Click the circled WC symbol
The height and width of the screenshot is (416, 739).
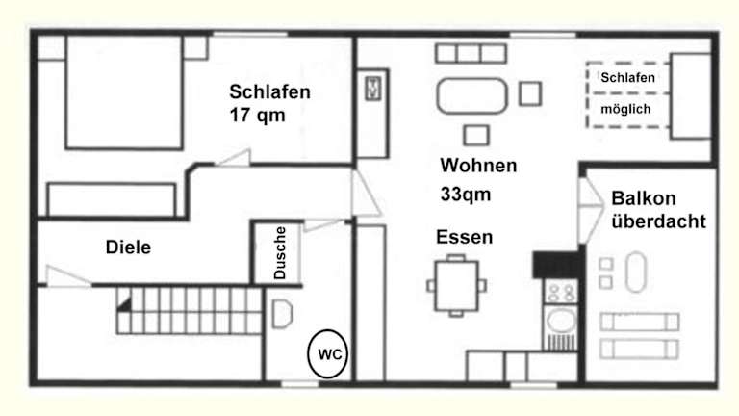click(327, 353)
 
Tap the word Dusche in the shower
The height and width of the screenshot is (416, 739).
click(279, 253)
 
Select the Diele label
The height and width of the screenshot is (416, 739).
click(128, 247)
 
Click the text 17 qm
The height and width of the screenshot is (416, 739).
click(257, 116)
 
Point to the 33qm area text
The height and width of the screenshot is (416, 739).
click(466, 195)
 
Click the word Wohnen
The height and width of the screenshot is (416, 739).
click(478, 166)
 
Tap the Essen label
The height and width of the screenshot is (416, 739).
click(464, 237)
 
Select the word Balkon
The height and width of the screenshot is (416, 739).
click(644, 198)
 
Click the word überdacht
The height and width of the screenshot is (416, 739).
click(658, 221)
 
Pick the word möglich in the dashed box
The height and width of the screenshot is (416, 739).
click(625, 110)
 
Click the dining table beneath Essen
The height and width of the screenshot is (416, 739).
click(456, 285)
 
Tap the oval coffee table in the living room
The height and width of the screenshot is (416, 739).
click(471, 95)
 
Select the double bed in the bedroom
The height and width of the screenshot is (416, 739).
click(124, 92)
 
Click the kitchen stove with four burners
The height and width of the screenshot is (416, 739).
click(560, 292)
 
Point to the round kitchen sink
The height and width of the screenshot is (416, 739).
click(561, 322)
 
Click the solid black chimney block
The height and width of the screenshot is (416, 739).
click(556, 265)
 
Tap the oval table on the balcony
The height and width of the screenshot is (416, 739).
click(636, 273)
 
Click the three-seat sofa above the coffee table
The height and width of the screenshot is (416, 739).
click(471, 53)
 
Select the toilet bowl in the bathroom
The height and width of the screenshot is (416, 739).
click(282, 314)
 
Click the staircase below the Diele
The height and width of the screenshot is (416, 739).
click(189, 311)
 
